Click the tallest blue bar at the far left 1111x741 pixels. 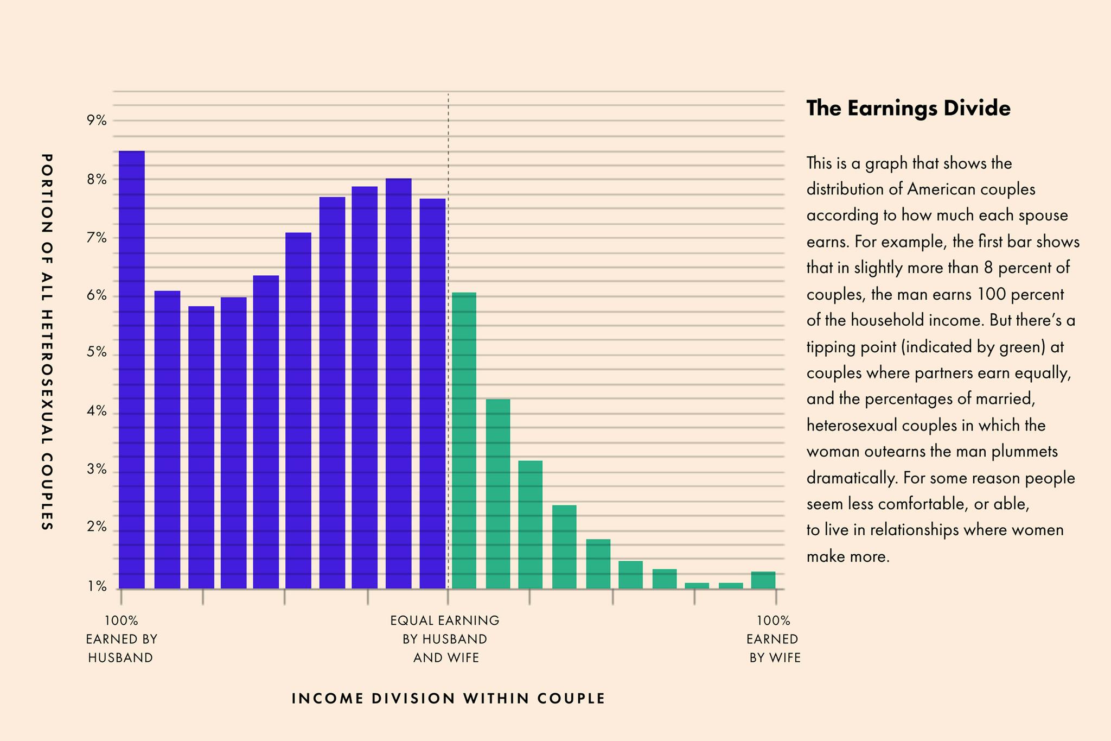[132, 369]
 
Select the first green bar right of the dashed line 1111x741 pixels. [464, 440]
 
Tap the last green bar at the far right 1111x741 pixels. [763, 580]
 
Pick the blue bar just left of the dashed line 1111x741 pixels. [432, 393]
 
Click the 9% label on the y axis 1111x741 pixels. [97, 121]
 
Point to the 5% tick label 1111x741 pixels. [97, 354]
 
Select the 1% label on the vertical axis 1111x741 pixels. [97, 587]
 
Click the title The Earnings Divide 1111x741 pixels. [908, 109]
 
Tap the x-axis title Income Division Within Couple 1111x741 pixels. [448, 699]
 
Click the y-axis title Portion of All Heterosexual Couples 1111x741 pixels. [47, 342]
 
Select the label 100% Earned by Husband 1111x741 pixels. [122, 639]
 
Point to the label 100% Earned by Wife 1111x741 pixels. [774, 639]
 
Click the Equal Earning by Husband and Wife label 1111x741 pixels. [445, 639]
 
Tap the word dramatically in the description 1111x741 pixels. [850, 478]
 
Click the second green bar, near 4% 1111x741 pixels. [498, 493]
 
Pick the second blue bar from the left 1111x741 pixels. [167, 440]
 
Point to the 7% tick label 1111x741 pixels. [97, 238]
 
